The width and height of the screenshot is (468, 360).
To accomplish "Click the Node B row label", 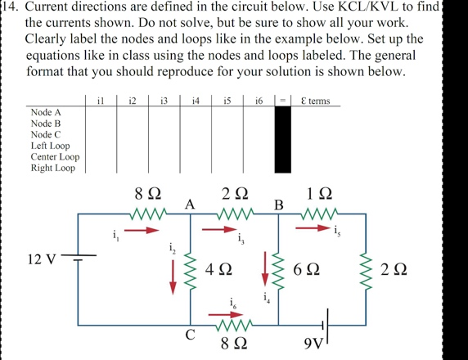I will pyautogui.click(x=46, y=123).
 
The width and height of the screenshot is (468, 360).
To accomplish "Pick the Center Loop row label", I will pyautogui.click(x=55, y=156).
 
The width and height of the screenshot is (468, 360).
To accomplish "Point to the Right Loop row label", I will pyautogui.click(x=53, y=168).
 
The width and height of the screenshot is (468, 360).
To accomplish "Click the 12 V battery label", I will pyautogui.click(x=41, y=259).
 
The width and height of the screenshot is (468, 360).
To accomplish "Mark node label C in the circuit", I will pyautogui.click(x=190, y=335).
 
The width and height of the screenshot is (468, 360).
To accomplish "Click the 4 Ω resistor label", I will pyautogui.click(x=218, y=268).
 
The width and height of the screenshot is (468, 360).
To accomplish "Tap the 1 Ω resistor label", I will pyautogui.click(x=320, y=194).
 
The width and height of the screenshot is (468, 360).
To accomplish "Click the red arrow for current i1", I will pyautogui.click(x=140, y=230).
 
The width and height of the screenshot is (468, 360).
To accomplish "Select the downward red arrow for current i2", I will pyautogui.click(x=173, y=276).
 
